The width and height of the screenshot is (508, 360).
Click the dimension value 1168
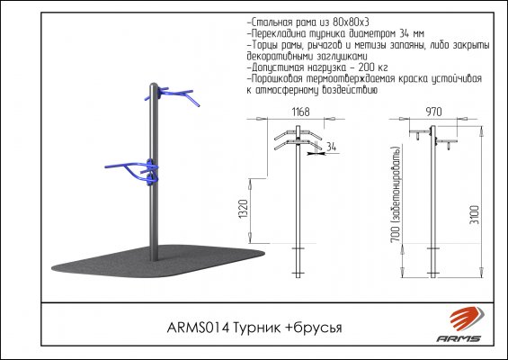tap(300, 112)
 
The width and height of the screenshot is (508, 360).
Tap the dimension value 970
tap(433, 112)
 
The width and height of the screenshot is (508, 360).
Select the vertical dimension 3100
tap(476, 214)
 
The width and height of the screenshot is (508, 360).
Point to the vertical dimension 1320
tap(244, 209)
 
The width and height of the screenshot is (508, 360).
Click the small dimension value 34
tap(331, 147)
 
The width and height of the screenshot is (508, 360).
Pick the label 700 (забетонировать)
tap(397, 194)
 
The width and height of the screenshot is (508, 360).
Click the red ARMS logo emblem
tap(467, 319)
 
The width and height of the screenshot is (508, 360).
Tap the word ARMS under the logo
tap(459, 339)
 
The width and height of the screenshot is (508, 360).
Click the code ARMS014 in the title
tap(198, 328)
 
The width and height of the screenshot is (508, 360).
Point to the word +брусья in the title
tap(313, 328)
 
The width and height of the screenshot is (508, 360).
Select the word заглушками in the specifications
tap(343, 57)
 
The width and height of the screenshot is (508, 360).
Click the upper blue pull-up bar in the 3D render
tap(174, 94)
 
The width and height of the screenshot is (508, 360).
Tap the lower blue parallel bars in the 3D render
tap(132, 171)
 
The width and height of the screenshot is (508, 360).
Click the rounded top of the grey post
tap(154, 85)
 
